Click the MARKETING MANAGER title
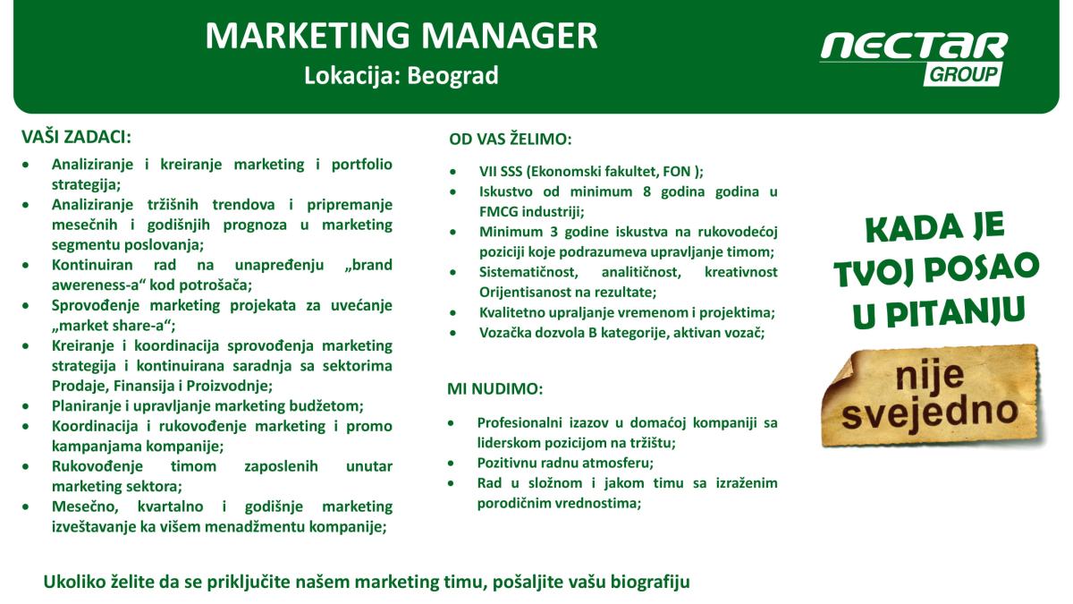[x=401, y=36]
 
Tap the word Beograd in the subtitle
[x=452, y=76]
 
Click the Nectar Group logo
[x=914, y=58]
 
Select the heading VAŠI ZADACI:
[x=76, y=137]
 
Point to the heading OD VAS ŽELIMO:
[x=511, y=139]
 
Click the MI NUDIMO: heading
[x=494, y=388]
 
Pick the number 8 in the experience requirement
[x=646, y=191]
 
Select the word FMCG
[x=498, y=211]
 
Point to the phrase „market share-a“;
[x=114, y=326]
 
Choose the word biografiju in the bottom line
[x=650, y=582]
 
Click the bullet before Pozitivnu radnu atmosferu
[x=451, y=464]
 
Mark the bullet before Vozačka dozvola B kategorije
[x=453, y=333]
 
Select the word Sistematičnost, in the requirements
[x=528, y=272]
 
